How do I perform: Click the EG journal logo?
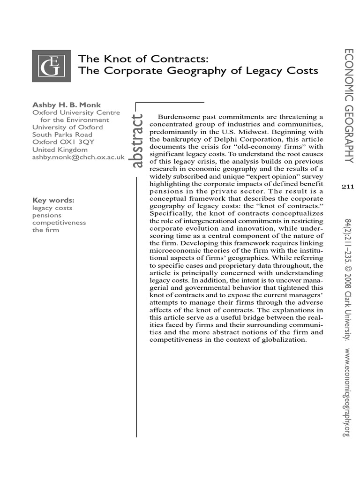[51, 66]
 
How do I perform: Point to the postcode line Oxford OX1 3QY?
[60, 142]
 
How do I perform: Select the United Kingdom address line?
[60, 150]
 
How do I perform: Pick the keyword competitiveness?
[59, 223]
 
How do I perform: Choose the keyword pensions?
[47, 216]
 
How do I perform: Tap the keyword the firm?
[46, 230]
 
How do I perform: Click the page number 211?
[347, 187]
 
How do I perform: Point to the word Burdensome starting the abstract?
[178, 116]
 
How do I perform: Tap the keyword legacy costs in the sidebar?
[50, 208]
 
